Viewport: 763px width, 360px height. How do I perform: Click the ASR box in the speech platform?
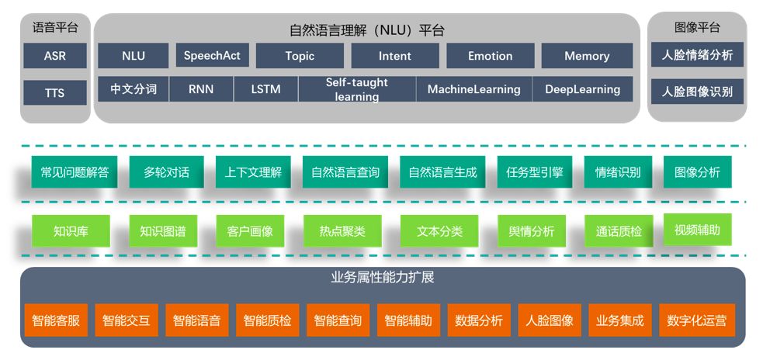click(54, 56)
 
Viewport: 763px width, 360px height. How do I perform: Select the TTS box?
click(54, 93)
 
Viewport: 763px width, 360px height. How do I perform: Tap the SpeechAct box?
click(212, 56)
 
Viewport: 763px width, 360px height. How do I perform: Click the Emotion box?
click(490, 56)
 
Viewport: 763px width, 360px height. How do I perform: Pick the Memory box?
click(587, 56)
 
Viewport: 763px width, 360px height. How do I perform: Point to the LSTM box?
click(266, 89)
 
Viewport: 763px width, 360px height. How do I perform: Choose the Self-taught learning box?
click(356, 89)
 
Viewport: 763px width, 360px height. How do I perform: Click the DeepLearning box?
click(582, 89)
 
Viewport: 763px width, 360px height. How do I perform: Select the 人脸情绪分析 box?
click(697, 55)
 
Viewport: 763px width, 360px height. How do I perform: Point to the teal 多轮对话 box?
click(166, 172)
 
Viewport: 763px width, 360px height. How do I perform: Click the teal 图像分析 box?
click(697, 172)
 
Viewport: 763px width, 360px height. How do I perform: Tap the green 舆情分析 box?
click(531, 231)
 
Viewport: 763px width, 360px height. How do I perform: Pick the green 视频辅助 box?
click(697, 230)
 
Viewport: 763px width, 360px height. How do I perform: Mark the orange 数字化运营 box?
click(697, 320)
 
